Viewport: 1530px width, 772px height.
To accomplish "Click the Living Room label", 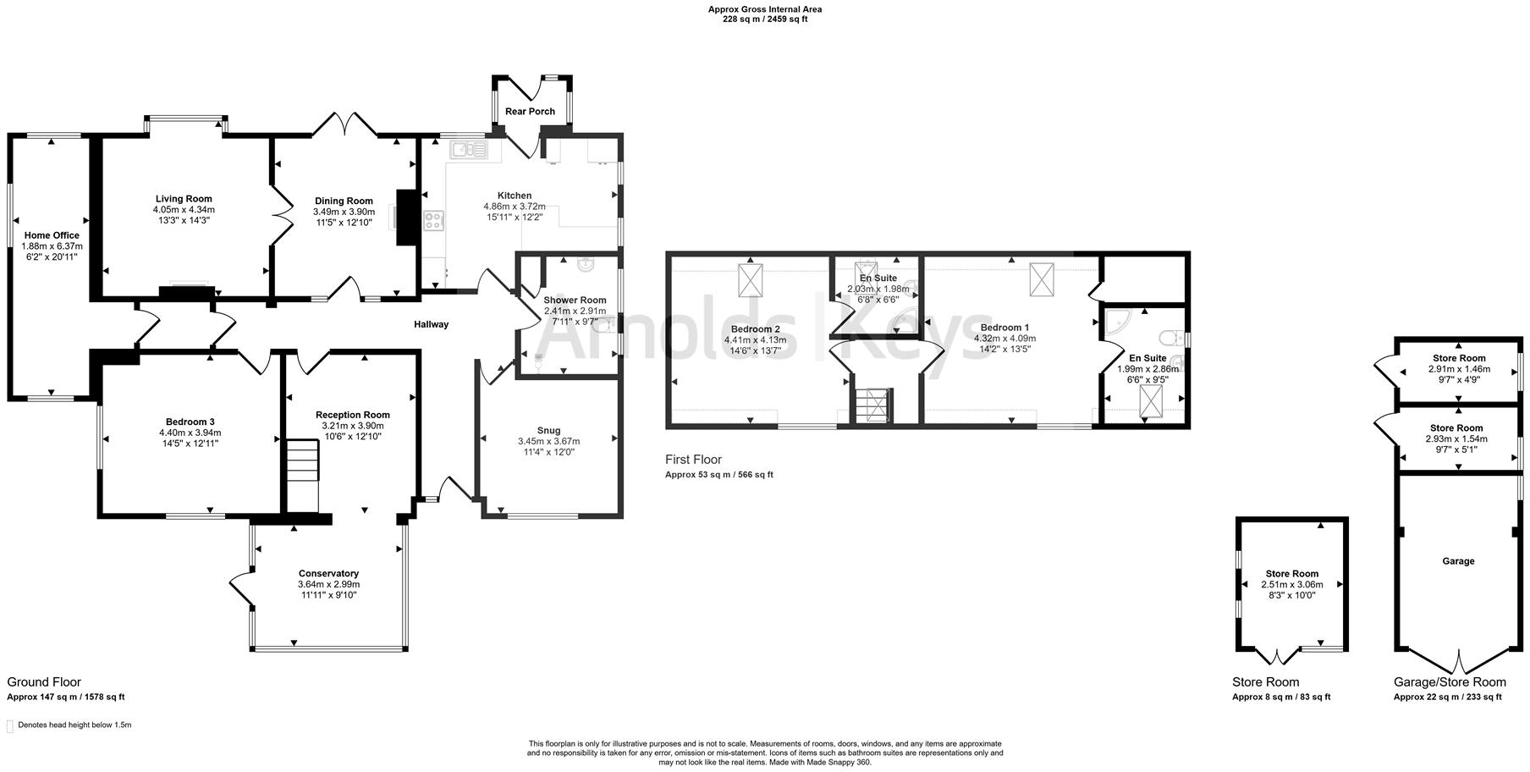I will click(x=184, y=199).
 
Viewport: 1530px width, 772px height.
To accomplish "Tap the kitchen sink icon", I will click(x=468, y=151).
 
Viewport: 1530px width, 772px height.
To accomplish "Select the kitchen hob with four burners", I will click(x=433, y=222).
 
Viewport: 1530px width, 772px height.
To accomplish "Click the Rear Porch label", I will click(x=530, y=112).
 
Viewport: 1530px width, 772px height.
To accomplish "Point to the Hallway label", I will click(x=431, y=324).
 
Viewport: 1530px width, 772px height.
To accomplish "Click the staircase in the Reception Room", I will click(x=301, y=475).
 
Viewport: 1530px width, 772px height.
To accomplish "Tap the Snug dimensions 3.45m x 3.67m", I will click(x=548, y=441).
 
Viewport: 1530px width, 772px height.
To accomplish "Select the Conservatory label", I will click(x=328, y=573).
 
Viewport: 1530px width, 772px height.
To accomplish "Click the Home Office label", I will click(x=52, y=235).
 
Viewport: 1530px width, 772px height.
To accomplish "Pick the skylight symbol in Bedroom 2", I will click(x=751, y=280).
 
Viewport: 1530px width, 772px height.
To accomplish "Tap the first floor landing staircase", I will click(x=872, y=405).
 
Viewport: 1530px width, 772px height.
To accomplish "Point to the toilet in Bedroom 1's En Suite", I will click(x=1173, y=339).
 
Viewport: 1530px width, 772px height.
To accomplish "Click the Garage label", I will click(x=1458, y=561).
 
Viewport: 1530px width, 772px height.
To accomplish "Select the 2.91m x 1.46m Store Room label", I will click(x=1459, y=358).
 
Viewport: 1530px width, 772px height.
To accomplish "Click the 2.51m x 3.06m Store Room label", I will click(x=1291, y=574).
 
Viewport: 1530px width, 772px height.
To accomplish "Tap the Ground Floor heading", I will click(x=44, y=681).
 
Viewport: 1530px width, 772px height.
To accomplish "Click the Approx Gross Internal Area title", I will click(x=764, y=10).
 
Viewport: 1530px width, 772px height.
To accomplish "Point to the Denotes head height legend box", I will click(x=10, y=725).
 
